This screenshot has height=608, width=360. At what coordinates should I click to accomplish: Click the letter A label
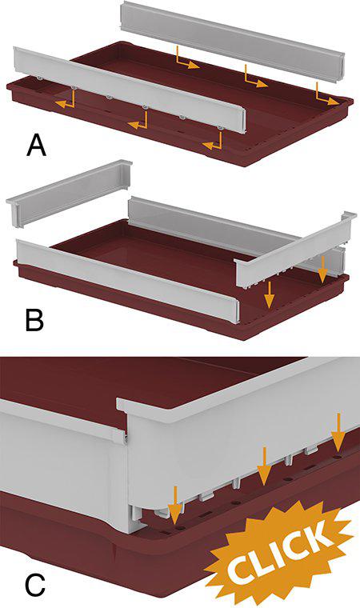coord(36,146)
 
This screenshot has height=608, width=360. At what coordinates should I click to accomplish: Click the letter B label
coord(34,320)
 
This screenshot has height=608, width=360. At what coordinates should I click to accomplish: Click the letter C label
coord(35,586)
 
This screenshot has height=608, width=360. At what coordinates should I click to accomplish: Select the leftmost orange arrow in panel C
coord(175,505)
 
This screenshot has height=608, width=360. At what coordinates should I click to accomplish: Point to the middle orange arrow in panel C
coord(264,466)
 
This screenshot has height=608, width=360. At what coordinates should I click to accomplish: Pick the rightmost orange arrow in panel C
coord(338,433)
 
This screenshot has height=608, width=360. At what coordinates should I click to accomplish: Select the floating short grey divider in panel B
coord(69,193)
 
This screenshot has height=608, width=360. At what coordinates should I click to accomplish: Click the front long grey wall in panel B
coord(128,282)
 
